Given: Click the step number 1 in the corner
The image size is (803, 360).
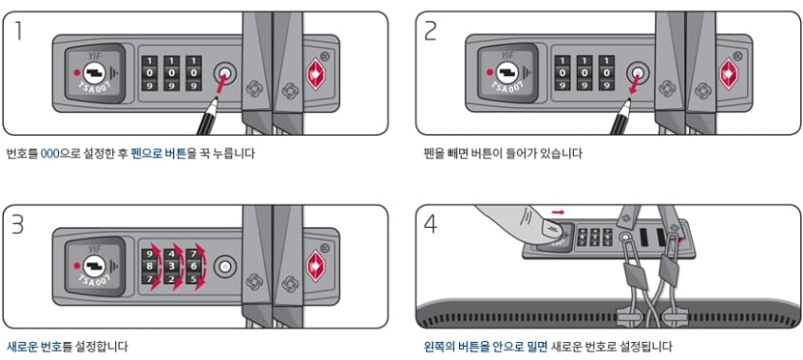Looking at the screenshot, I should click(x=20, y=30).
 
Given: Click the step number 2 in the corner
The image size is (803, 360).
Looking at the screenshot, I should click(x=431, y=30).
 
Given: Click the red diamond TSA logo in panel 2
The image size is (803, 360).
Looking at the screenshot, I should click(x=730, y=75).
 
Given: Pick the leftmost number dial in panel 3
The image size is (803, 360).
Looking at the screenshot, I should click(x=151, y=267).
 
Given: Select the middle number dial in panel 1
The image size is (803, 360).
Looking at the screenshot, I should click(x=172, y=72).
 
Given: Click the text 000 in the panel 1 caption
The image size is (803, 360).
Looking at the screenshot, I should click(x=50, y=153).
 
